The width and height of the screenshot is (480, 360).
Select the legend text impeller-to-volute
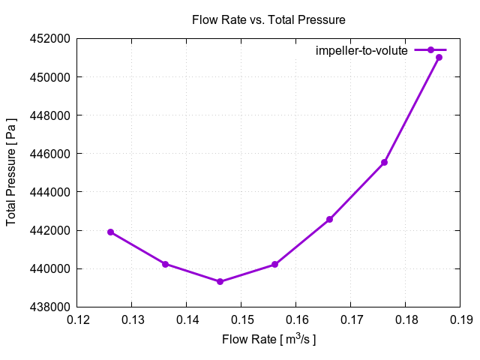click(x=361, y=50)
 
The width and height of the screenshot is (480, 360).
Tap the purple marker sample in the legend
click(x=430, y=50)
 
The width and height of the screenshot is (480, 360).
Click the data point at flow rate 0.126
click(x=110, y=232)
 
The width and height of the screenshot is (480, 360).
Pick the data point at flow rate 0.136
click(x=165, y=264)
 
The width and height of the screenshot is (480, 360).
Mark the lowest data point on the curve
click(x=220, y=281)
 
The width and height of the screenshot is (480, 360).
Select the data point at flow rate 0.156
click(x=274, y=264)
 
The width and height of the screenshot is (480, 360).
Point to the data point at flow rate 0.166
click(x=329, y=219)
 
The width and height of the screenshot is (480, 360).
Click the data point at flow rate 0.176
click(x=384, y=162)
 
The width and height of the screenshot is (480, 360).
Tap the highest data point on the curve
click(x=439, y=57)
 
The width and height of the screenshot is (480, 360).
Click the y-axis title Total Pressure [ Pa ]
click(x=11, y=172)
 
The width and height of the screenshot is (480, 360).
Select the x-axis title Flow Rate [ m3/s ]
click(x=268, y=339)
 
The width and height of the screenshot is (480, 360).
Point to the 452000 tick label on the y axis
click(x=50, y=39)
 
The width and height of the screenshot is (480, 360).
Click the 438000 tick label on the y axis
click(x=50, y=307)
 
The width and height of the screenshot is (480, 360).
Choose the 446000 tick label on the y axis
click(x=50, y=154)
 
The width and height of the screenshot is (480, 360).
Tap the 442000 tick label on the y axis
click(x=50, y=230)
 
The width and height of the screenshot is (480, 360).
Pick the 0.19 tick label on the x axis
click(x=460, y=321)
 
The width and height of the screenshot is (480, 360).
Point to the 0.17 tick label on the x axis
click(x=350, y=321)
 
